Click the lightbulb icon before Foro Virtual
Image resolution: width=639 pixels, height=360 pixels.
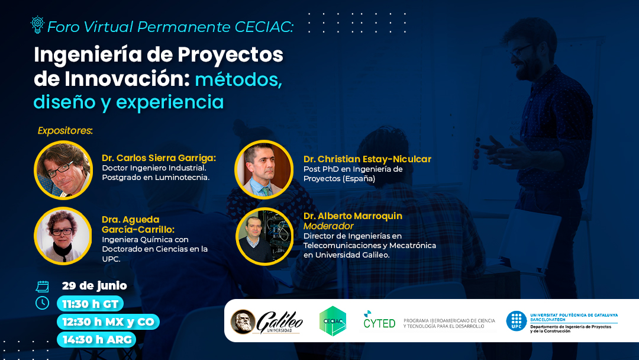point(37,24)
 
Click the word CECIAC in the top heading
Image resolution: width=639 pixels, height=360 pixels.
point(264,27)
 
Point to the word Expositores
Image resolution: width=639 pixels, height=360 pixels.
point(65,130)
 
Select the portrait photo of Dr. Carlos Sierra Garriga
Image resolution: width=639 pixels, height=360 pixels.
point(63,170)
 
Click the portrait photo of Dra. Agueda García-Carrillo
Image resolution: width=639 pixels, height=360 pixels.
point(63,236)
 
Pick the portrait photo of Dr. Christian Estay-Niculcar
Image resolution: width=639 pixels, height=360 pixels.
point(264,169)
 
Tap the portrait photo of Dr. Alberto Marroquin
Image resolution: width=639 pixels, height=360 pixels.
point(264,236)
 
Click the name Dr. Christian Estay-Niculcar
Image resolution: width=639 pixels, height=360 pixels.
point(367,159)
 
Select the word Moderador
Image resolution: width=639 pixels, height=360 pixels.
point(328,226)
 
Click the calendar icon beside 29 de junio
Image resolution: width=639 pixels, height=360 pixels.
point(43,287)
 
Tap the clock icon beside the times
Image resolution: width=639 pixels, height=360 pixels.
point(43,303)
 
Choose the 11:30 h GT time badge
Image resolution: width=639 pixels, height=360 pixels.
point(90,304)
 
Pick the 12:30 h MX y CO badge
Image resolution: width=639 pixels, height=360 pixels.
point(108,322)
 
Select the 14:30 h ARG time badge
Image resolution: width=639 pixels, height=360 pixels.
point(96,339)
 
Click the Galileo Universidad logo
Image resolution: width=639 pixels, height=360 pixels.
point(267,322)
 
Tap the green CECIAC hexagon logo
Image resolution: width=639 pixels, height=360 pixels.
point(333,322)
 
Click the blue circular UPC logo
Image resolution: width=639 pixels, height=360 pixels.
point(517,322)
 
